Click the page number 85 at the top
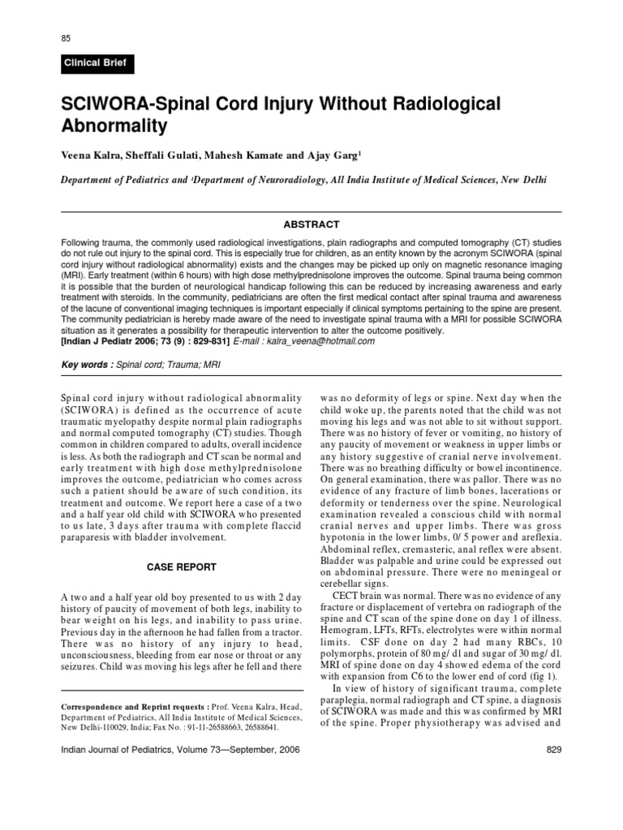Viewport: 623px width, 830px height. [67, 38]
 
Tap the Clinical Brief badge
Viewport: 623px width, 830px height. [96, 62]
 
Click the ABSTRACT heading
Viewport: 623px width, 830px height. [311, 225]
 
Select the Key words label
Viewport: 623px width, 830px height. [87, 365]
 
